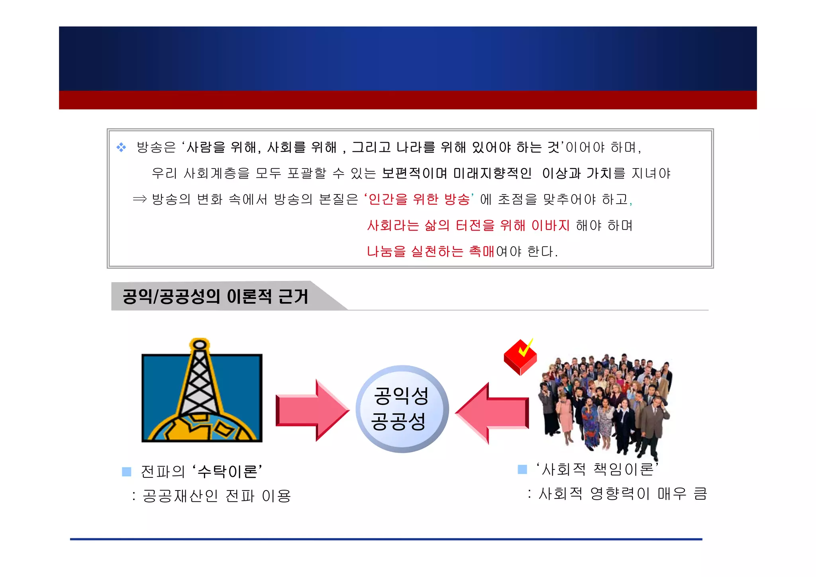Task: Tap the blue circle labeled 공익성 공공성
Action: (402, 409)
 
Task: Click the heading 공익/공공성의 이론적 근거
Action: (215, 296)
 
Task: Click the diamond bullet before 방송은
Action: (121, 147)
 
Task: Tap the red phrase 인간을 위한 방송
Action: (419, 199)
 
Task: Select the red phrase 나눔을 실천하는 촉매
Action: (430, 251)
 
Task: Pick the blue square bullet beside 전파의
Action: (127, 472)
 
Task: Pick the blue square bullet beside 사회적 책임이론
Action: (522, 469)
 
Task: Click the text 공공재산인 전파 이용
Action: (217, 496)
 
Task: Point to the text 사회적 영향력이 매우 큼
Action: (622, 494)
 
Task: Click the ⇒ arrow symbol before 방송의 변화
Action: (139, 199)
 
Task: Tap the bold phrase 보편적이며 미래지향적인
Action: (457, 173)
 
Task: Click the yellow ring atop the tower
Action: (200, 344)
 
